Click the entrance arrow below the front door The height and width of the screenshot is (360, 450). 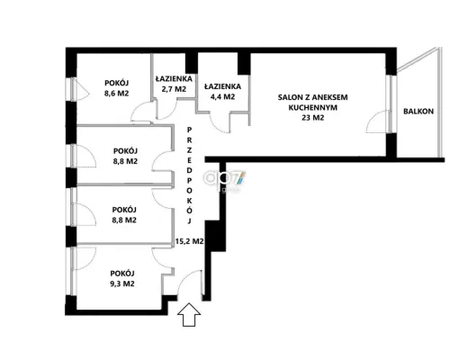tap(189, 314)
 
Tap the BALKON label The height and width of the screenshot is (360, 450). tap(418, 112)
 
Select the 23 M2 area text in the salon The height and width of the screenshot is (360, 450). tap(313, 118)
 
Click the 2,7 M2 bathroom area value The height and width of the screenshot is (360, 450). tap(174, 89)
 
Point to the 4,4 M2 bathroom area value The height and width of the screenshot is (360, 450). tap(222, 97)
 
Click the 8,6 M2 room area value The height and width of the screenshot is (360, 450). tap(116, 94)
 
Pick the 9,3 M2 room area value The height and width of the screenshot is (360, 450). tap(122, 283)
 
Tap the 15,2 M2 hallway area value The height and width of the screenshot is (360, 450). tap(190, 241)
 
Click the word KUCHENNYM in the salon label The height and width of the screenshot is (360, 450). tap(313, 107)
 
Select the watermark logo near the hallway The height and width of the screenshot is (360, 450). tap(224, 178)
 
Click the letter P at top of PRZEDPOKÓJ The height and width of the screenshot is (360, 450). tap(189, 130)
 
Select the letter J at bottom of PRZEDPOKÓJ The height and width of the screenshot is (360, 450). tap(189, 221)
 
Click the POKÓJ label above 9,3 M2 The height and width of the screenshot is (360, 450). tap(122, 274)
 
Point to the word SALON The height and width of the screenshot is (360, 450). tap(289, 97)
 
